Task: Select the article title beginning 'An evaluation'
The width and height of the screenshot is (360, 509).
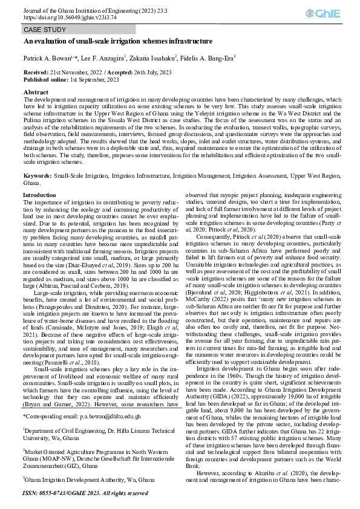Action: (118, 41)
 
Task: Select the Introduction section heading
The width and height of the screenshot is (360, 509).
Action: (39, 195)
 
